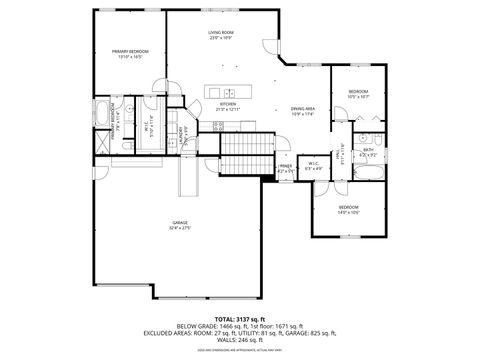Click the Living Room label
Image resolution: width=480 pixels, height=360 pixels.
(x=221, y=33)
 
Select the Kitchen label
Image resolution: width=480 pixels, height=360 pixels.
(x=228, y=105)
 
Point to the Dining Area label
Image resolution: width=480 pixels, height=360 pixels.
(x=304, y=109)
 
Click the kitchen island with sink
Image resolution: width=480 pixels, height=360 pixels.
(x=229, y=93)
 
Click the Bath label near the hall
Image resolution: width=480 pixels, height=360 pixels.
(x=368, y=151)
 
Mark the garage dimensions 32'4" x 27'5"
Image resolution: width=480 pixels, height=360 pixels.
(x=179, y=229)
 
